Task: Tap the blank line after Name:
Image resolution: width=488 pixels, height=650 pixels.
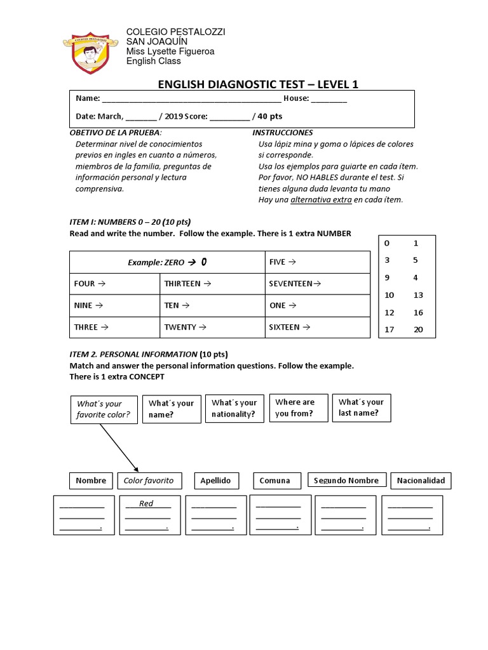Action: coord(191,99)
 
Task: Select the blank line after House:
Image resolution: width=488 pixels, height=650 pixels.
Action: coord(329,99)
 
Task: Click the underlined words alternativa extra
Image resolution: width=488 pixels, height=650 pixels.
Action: coord(321,200)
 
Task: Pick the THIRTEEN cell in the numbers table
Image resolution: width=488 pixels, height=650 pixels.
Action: coord(212,284)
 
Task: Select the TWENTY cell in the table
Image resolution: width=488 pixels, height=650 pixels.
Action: coord(212,328)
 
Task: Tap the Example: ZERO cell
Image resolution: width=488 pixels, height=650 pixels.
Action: coord(167,262)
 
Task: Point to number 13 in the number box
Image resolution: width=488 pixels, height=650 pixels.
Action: coord(417,295)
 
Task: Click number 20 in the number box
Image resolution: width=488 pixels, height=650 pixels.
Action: coord(417,330)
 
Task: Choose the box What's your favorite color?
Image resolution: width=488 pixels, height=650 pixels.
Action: coord(104,409)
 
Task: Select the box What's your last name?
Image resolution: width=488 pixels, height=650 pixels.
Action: coord(362,408)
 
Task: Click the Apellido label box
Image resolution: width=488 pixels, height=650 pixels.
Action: coord(215,481)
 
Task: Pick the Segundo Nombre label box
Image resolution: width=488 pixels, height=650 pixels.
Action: coord(346,481)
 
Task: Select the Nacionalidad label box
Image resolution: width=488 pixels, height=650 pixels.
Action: coord(420,481)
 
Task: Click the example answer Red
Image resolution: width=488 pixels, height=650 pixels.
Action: coord(147,503)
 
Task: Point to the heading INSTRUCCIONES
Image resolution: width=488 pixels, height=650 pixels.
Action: coord(283,133)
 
